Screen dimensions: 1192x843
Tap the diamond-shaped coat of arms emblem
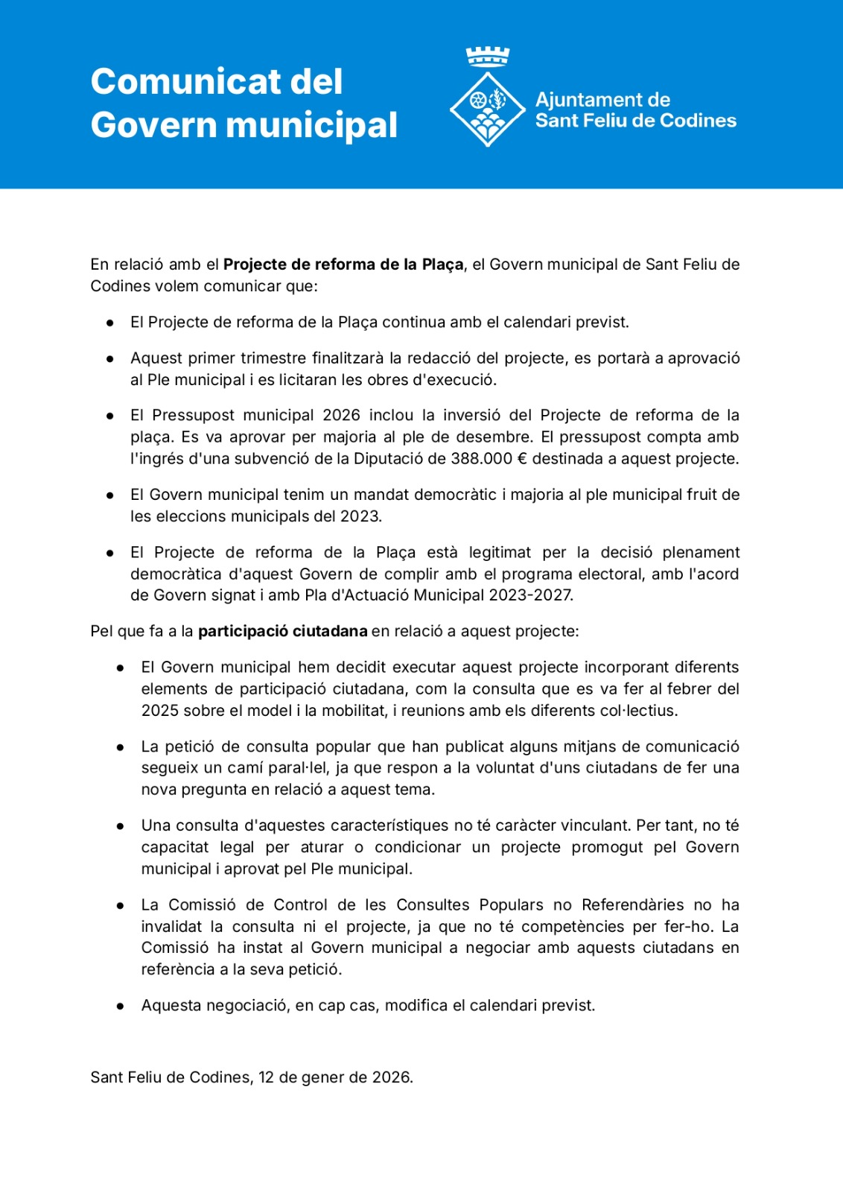(488, 109)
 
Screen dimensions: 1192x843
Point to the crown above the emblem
(488, 56)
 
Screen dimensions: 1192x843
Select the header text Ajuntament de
(602, 100)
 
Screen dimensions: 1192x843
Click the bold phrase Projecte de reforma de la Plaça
(343, 264)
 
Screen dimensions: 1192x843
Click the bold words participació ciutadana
(283, 632)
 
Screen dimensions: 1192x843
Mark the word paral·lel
(299, 768)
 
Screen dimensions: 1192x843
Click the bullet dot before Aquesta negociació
(120, 1006)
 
